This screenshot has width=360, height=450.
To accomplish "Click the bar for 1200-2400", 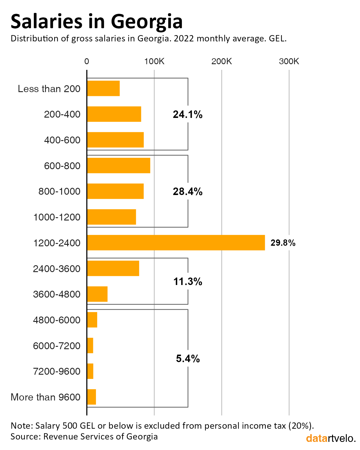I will (x=176, y=242).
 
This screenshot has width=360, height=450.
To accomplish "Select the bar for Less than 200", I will (x=103, y=88).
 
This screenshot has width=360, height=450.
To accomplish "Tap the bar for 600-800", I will (x=118, y=165).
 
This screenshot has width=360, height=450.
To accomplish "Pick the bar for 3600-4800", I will (x=97, y=294).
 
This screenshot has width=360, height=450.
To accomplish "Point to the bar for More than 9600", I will (x=91, y=397).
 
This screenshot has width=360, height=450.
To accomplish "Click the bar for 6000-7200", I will (x=90, y=346).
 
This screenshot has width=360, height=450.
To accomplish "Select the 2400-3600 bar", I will (x=113, y=268).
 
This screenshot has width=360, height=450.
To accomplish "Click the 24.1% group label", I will (x=188, y=114).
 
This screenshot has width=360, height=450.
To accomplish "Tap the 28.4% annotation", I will (x=188, y=191).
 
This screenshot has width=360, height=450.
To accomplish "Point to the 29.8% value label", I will (x=283, y=243).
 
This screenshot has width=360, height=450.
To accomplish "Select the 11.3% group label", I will (x=188, y=281).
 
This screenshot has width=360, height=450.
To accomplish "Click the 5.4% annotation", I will (x=188, y=358).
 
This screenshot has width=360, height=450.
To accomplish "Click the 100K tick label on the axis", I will (x=154, y=61).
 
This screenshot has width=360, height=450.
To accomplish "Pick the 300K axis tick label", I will (x=289, y=61).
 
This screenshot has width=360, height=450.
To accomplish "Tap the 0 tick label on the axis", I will (x=87, y=61).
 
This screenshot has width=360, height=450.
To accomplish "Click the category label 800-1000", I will (x=59, y=191).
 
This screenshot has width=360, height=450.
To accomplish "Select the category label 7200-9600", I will (x=57, y=371).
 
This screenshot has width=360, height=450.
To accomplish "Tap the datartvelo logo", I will (x=331, y=438).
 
